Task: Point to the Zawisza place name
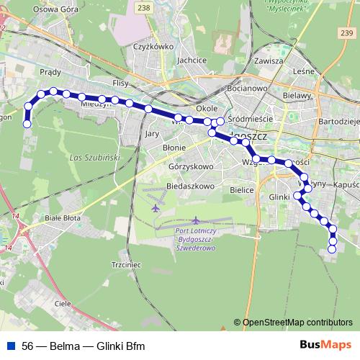pos(268,61)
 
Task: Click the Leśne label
pos(305,71)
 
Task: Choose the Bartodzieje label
pos(338,122)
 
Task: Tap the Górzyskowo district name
pos(191,166)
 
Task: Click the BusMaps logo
pos(325,346)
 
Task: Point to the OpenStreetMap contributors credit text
pos(297,323)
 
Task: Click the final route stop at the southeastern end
pos(332,249)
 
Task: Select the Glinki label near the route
pos(279,197)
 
